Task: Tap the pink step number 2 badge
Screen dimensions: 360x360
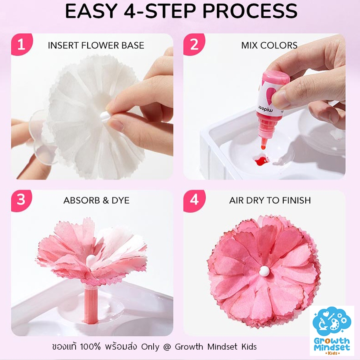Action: (194, 44)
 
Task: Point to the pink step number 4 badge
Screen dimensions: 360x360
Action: (194, 200)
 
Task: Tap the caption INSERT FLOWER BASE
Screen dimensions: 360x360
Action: (96, 45)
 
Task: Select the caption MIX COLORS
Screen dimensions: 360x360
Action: (269, 45)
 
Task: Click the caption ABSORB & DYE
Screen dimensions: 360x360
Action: (96, 200)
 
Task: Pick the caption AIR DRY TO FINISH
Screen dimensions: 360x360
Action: (270, 200)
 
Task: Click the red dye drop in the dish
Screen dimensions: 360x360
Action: (262, 162)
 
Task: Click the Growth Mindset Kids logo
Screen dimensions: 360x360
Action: (332, 330)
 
